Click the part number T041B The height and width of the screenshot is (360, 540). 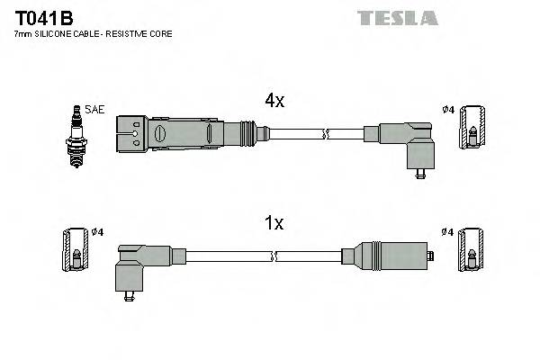pyautogui.click(x=44, y=17)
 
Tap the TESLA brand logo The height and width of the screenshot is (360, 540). pyautogui.click(x=397, y=17)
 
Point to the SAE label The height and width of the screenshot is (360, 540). pyautogui.click(x=95, y=109)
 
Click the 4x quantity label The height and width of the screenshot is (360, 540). pyautogui.click(x=274, y=102)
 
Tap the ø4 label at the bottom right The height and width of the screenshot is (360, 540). pyautogui.click(x=446, y=232)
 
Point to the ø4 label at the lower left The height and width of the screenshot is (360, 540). pyautogui.click(x=97, y=232)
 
